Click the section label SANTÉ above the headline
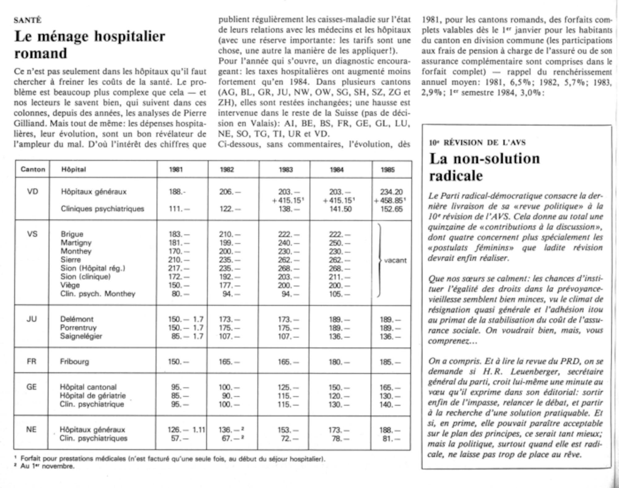28,20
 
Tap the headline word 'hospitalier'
130,37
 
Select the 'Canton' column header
33,169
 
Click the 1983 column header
285,170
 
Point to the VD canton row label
32,192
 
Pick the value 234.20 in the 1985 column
392,192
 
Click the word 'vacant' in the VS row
395,260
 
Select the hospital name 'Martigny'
76,243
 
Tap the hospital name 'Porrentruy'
78,327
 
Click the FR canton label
32,361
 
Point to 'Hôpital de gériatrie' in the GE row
93,395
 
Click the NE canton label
31,430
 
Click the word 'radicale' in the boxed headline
456,176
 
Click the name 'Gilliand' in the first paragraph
30,123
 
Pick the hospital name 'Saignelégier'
81,336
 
